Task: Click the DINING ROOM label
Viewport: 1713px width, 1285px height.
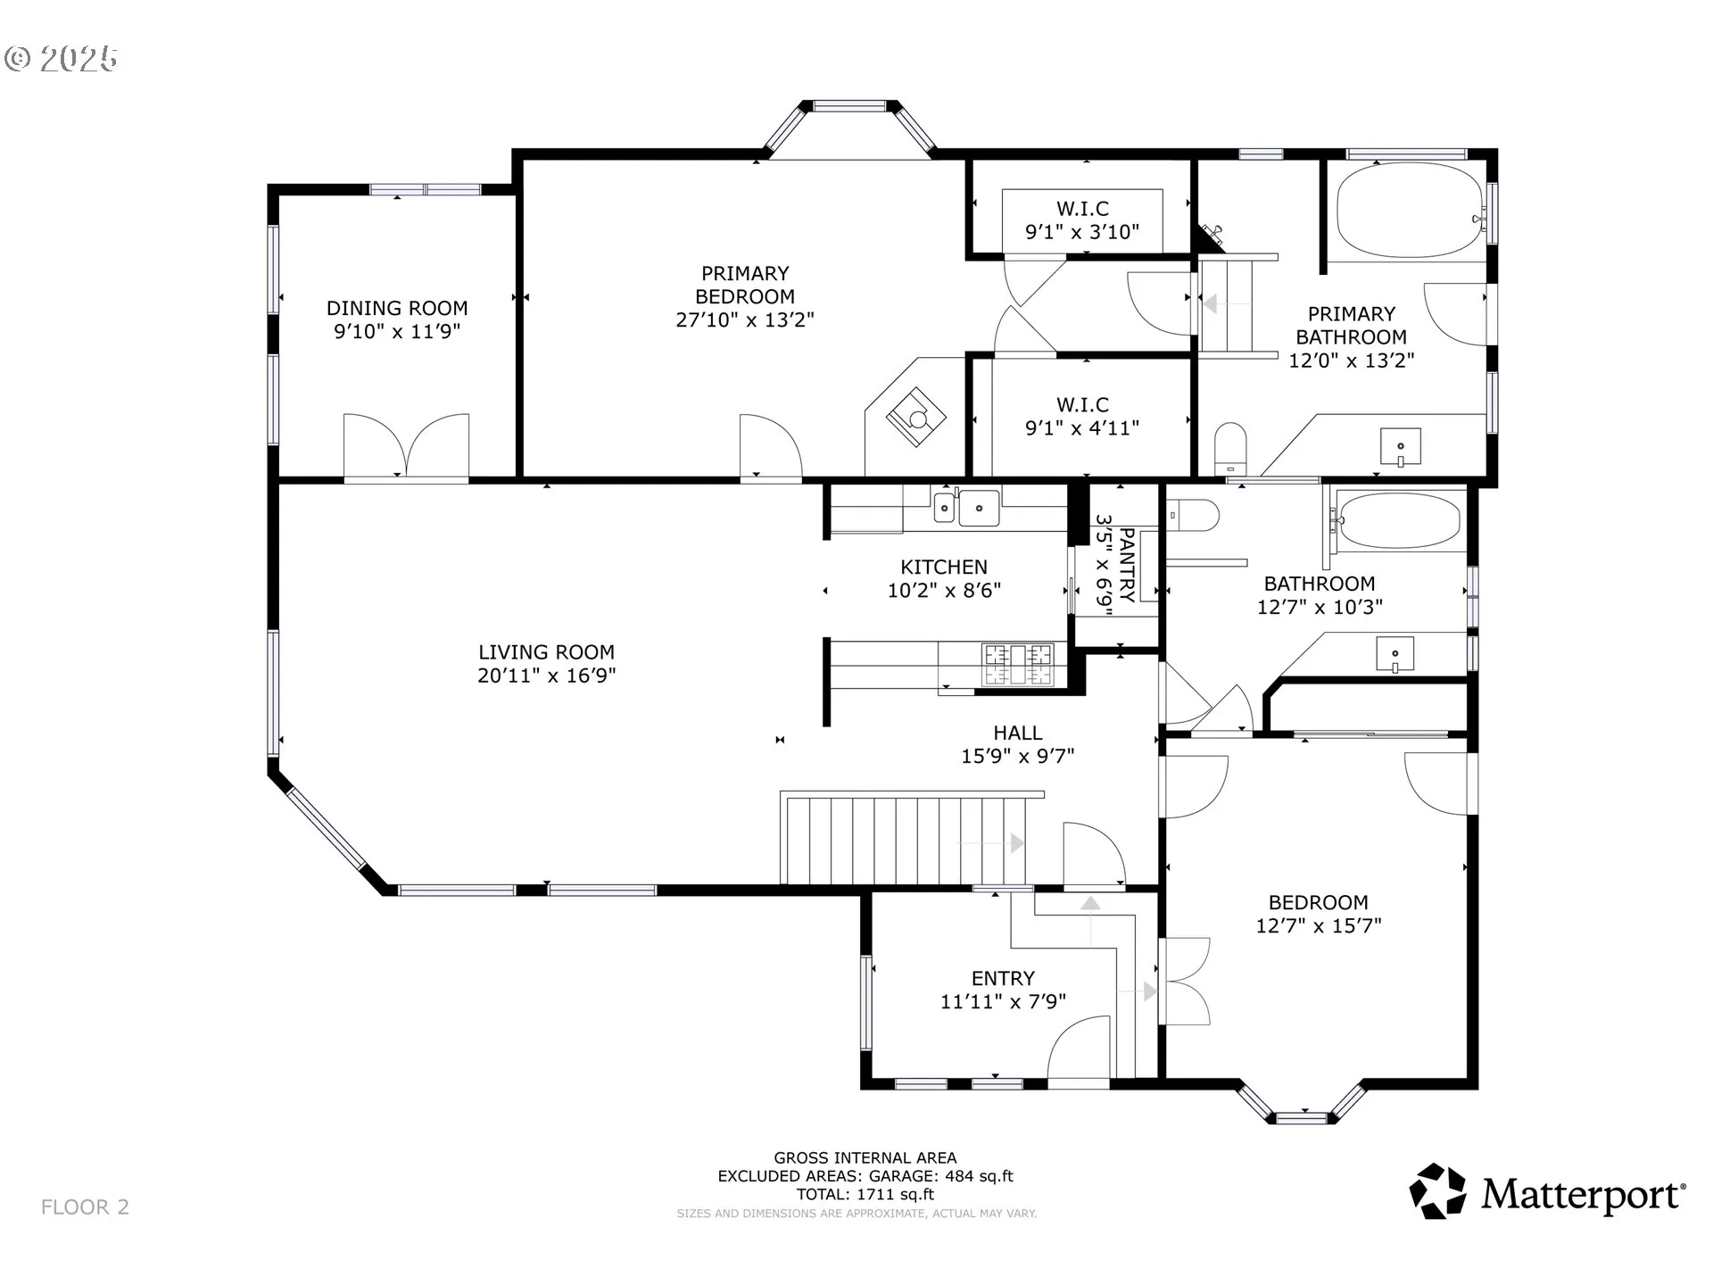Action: coord(397,308)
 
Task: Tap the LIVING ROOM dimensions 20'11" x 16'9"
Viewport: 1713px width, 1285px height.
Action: coord(547,676)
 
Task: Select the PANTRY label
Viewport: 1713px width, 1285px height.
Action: coord(1126,565)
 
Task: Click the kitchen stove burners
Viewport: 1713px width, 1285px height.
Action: coord(1018,664)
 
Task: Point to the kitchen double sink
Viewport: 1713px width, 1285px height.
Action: coord(966,508)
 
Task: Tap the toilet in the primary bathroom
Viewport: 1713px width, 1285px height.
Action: coord(1229,447)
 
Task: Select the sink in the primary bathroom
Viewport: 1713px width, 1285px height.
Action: coord(1401,447)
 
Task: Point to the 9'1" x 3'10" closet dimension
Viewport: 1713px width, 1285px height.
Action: coord(1082,232)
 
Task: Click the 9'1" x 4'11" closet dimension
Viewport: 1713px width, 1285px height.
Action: coord(1082,428)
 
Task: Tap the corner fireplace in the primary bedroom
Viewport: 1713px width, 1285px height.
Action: coord(916,417)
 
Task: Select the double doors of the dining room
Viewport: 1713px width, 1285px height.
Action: coord(406,446)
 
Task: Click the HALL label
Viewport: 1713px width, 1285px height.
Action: coord(1018,733)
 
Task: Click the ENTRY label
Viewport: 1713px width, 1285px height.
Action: coord(1003,978)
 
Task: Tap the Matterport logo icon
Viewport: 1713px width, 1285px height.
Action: coord(1437,1190)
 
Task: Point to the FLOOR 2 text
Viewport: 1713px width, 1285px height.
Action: coord(85,1207)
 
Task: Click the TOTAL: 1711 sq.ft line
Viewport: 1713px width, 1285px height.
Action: coord(865,1194)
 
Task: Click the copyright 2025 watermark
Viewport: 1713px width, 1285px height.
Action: coord(61,59)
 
